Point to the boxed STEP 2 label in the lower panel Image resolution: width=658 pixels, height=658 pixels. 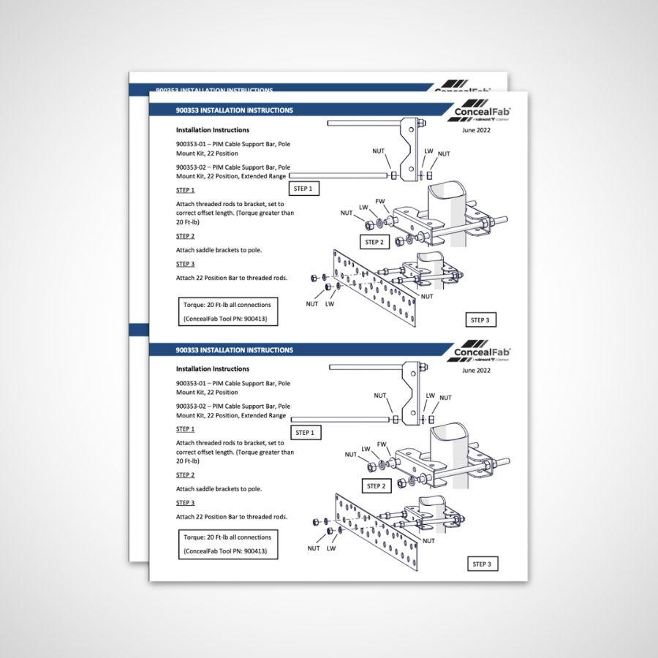click(375, 485)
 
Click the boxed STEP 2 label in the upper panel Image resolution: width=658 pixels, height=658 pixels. click(374, 242)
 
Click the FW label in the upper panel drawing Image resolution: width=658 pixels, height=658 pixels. click(379, 201)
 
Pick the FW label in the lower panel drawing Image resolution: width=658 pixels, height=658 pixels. click(381, 445)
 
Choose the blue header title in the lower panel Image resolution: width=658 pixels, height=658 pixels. click(235, 350)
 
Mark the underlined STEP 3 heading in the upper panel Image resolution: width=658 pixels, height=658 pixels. click(185, 264)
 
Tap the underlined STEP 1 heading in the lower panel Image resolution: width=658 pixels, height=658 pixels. click(185, 429)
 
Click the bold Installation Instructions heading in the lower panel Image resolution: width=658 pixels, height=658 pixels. click(213, 369)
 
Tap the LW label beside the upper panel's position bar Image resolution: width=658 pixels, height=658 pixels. click(330, 304)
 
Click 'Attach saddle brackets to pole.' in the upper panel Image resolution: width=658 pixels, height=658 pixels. click(219, 250)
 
